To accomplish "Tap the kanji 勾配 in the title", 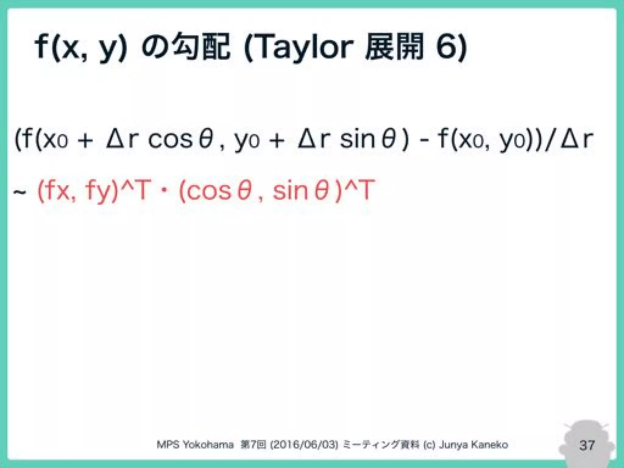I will point(201,47).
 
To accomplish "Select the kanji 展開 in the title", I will point(395,47).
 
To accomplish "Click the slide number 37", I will point(587,445).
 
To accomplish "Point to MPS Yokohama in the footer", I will point(195,445).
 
